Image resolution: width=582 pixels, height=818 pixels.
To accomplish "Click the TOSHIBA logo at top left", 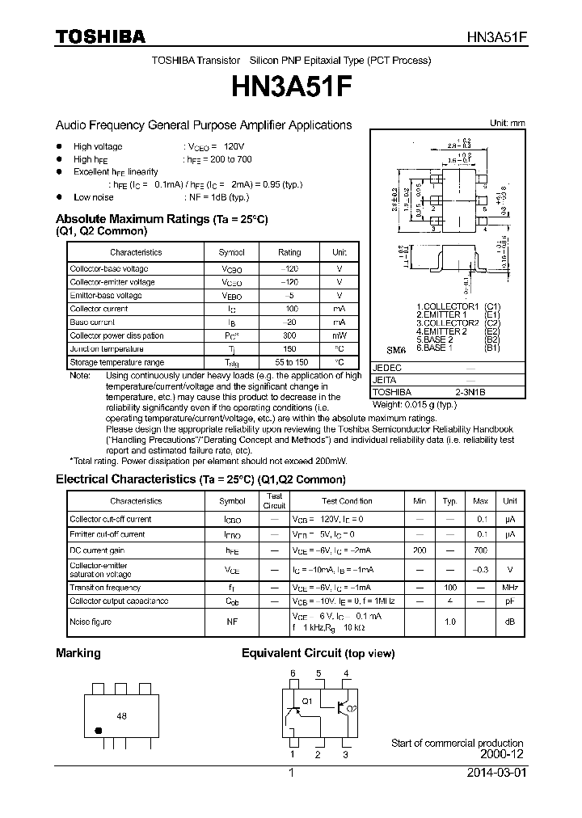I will (x=100, y=36).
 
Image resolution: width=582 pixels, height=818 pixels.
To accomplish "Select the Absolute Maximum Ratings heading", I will (x=162, y=219).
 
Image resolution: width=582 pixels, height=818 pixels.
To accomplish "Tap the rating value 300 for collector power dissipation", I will (x=289, y=335).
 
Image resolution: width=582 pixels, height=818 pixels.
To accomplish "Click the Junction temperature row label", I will (x=107, y=349).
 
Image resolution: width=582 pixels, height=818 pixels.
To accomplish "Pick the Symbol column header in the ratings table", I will (x=231, y=252).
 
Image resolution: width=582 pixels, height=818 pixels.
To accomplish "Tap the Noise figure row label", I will (x=91, y=622).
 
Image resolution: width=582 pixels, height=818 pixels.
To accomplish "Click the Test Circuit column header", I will (x=274, y=501).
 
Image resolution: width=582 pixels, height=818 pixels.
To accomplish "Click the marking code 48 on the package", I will (x=122, y=716).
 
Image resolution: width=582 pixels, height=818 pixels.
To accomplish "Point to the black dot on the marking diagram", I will (x=99, y=730).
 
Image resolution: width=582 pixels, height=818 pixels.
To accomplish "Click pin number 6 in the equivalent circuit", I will (x=293, y=673).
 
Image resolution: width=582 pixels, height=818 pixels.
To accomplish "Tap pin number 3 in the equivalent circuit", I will (x=345, y=755).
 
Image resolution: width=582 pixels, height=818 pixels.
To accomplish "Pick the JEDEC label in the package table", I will (x=386, y=367).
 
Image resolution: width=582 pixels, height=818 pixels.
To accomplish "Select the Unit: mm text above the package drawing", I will (x=508, y=123).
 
